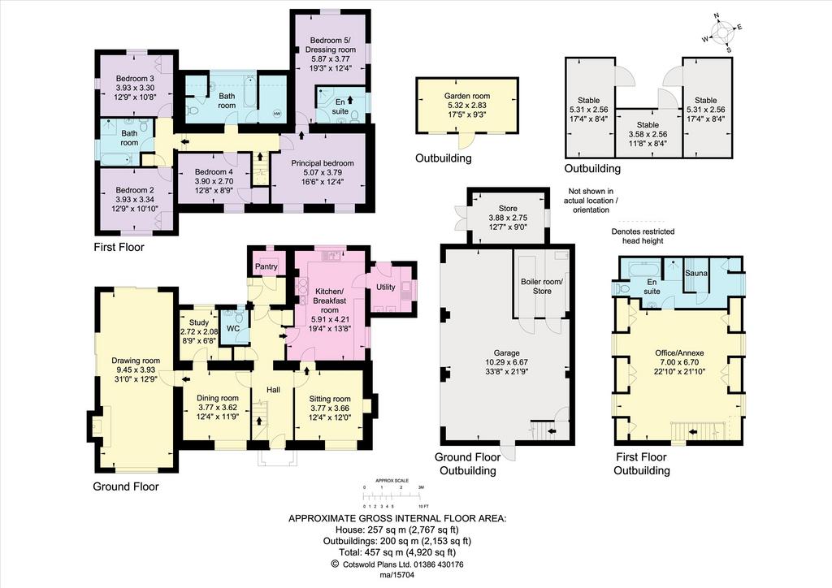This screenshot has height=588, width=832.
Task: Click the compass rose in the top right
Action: (722, 33)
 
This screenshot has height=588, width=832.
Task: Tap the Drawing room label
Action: (136, 361)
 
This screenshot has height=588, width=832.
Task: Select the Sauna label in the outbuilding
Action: (696, 273)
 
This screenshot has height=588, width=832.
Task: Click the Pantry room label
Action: (266, 266)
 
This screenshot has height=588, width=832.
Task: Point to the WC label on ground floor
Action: (233, 329)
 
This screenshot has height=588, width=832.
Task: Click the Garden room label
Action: (467, 96)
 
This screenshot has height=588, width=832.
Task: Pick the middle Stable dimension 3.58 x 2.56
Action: (648, 135)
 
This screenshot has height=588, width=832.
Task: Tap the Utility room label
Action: (385, 287)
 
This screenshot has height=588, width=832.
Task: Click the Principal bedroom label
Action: (322, 163)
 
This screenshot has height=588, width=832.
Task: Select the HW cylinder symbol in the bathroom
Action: (277, 114)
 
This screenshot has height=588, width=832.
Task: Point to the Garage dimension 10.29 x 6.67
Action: (506, 362)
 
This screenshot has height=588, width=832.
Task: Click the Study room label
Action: (199, 322)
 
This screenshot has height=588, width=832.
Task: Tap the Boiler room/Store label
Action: (542, 287)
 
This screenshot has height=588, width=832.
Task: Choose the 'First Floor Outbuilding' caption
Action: (642, 464)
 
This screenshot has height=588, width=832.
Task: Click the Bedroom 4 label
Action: (214, 172)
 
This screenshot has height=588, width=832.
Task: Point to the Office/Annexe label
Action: (679, 352)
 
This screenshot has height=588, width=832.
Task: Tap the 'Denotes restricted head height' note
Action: (643, 236)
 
